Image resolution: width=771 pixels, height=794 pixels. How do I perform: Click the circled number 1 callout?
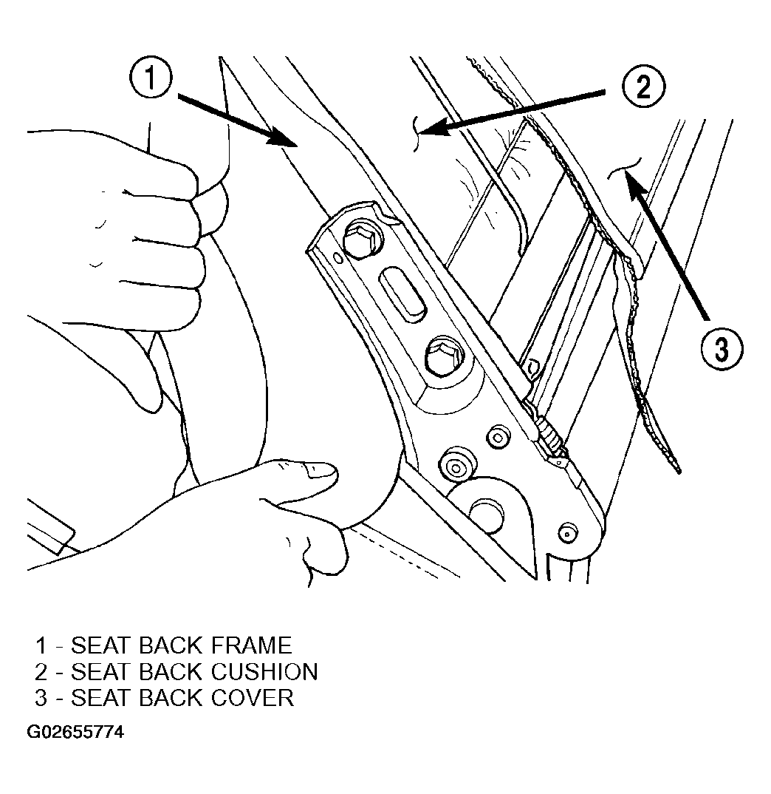(x=151, y=78)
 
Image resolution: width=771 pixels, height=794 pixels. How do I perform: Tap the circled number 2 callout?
(x=643, y=87)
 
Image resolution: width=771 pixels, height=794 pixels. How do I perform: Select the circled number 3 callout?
(x=722, y=349)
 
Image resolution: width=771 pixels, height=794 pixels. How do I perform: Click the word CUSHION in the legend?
(x=264, y=672)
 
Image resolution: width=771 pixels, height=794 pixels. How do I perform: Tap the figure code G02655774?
(x=75, y=732)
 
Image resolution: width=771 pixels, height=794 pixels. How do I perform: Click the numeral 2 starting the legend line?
(x=41, y=672)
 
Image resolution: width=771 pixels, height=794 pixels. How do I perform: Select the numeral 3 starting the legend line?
(x=41, y=698)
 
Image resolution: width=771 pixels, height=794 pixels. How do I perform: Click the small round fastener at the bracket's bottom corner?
(x=567, y=533)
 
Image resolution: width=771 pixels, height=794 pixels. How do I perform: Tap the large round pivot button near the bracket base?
(x=486, y=515)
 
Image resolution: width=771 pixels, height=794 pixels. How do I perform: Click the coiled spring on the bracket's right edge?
(x=550, y=438)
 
